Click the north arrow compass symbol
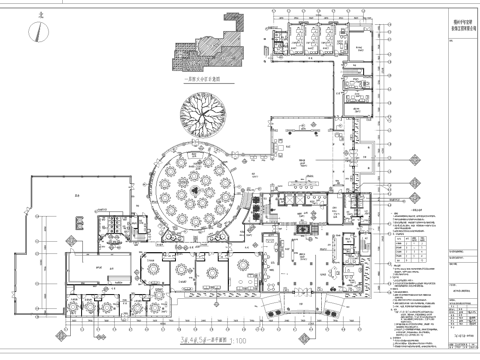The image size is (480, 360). [39, 31]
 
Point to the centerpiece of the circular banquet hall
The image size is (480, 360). [192, 186]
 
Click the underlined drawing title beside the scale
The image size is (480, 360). [206, 339]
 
